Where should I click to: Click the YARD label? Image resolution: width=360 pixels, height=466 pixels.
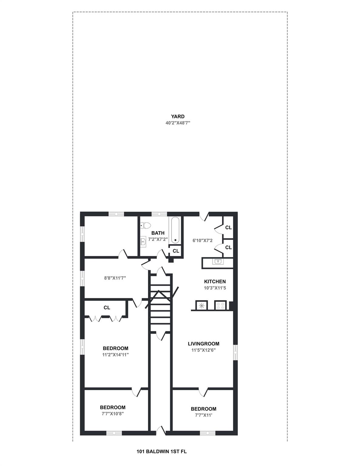(177, 116)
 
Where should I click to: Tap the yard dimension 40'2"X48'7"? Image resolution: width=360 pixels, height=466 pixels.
(177, 123)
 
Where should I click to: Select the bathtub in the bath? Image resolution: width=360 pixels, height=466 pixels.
(176, 230)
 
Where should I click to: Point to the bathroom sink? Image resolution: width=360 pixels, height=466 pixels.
(143, 241)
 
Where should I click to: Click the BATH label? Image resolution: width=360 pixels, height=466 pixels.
(158, 233)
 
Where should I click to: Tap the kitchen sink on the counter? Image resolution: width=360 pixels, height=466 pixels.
(217, 261)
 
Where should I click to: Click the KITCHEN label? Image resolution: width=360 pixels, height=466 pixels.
(215, 282)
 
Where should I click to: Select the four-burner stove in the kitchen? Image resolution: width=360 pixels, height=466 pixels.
(220, 305)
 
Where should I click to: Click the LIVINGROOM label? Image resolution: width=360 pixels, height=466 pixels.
(204, 344)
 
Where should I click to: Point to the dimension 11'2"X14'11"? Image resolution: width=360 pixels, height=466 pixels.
(116, 354)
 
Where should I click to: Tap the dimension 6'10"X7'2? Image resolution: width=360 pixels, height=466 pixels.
(203, 241)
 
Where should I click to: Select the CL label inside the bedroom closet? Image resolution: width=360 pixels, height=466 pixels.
(107, 308)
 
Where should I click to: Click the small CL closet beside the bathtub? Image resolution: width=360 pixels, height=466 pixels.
(176, 251)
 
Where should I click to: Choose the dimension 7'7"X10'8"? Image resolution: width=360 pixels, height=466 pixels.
(113, 413)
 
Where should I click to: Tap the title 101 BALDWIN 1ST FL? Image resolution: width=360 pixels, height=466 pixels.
(162, 451)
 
